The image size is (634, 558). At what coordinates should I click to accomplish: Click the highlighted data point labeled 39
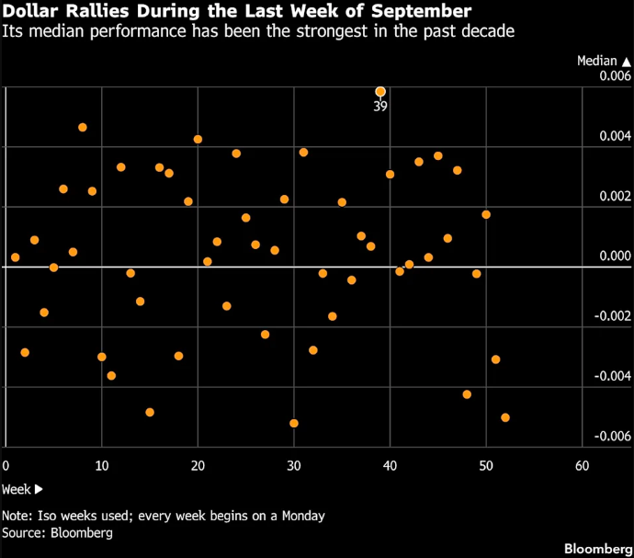[380, 92]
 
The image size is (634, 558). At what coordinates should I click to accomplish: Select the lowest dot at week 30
[294, 423]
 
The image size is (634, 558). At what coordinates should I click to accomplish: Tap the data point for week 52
[505, 417]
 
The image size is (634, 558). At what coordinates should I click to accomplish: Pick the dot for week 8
[83, 128]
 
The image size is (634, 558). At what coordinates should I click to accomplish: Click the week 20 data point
[198, 139]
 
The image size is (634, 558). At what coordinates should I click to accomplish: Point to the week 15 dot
[150, 413]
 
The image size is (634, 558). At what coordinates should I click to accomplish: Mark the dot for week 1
[16, 257]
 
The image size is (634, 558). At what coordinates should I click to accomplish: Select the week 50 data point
[486, 214]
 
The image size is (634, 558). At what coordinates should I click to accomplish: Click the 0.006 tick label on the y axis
[615, 75]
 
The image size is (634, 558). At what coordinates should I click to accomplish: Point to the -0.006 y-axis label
[613, 436]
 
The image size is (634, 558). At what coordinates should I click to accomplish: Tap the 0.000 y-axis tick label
[615, 256]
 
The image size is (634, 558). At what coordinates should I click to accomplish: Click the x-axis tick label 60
[582, 466]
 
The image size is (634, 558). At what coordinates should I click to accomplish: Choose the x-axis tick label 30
[294, 466]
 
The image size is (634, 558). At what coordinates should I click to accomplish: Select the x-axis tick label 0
[6, 466]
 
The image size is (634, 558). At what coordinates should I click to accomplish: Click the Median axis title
[597, 61]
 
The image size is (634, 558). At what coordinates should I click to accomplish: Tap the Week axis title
[17, 489]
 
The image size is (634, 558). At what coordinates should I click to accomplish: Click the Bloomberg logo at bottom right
[598, 549]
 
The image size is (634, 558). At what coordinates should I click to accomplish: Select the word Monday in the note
[303, 516]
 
